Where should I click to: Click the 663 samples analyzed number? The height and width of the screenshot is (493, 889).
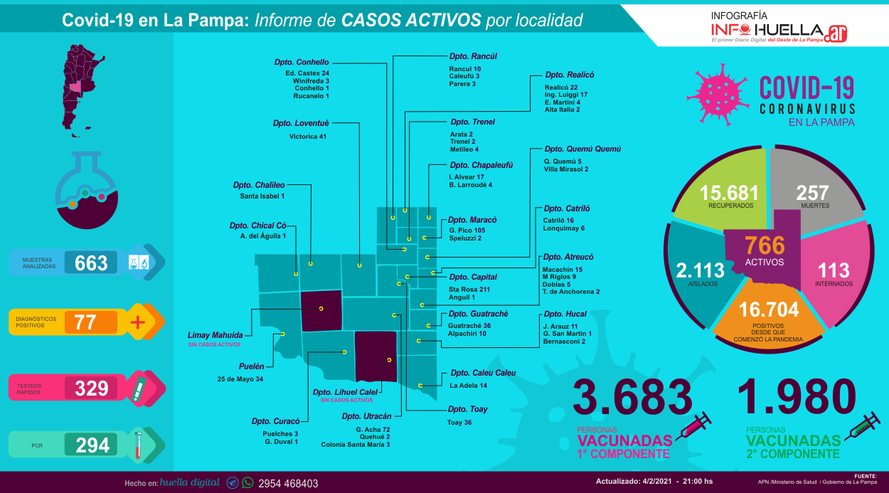(91, 263)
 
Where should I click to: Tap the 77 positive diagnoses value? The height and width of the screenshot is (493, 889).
(85, 322)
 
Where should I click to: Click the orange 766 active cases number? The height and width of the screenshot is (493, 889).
(765, 245)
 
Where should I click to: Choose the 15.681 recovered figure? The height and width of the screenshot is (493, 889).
(729, 193)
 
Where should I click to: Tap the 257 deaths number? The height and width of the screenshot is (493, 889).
(812, 193)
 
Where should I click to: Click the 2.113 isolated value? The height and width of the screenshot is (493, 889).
(700, 270)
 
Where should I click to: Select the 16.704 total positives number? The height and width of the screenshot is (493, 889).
(769, 309)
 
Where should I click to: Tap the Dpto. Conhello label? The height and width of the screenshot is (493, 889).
(302, 63)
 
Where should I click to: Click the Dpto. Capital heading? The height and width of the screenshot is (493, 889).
(473, 277)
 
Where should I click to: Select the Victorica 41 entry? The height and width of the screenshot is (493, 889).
(308, 137)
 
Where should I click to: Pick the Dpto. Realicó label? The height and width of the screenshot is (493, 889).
(570, 75)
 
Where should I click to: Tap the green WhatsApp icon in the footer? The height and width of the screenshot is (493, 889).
(247, 482)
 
